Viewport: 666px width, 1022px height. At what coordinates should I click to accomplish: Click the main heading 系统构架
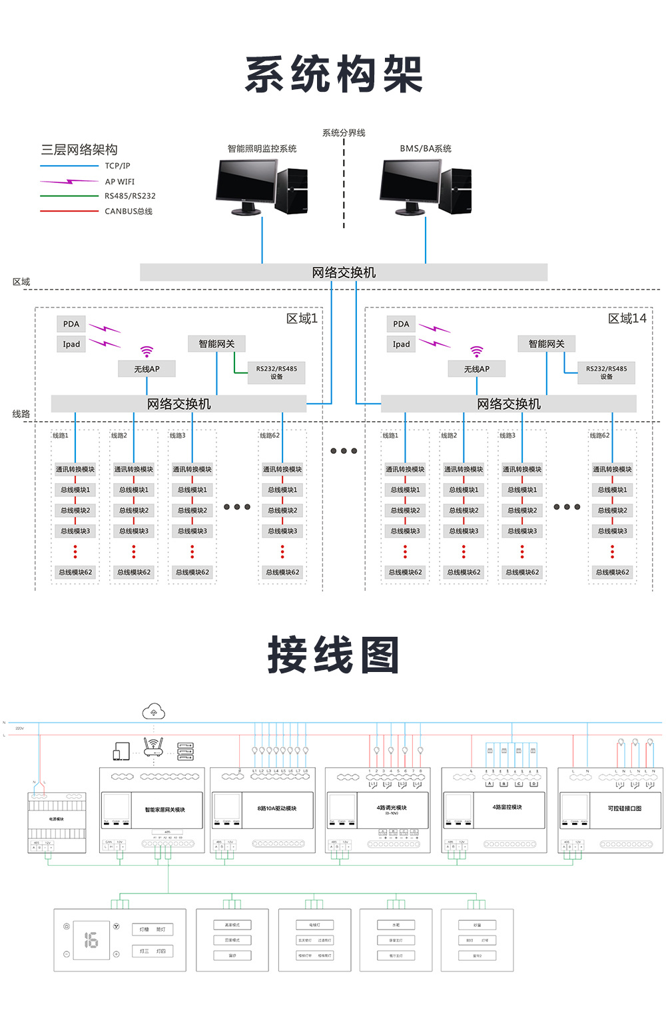click(334, 74)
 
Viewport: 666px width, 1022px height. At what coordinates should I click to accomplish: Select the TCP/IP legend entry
click(117, 166)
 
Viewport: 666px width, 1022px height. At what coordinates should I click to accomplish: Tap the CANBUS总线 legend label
click(129, 211)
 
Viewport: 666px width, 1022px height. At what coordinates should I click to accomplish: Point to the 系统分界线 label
click(344, 132)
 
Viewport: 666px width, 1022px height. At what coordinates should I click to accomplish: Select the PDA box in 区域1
click(71, 324)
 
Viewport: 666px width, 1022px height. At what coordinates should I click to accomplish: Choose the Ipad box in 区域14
click(401, 344)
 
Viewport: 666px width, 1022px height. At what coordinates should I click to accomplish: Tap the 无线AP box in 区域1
click(147, 369)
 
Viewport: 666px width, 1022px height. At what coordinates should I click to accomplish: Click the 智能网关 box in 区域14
click(546, 343)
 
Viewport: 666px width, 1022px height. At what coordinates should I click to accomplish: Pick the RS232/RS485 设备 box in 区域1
click(276, 373)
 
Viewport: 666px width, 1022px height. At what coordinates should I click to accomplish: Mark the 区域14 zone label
click(627, 319)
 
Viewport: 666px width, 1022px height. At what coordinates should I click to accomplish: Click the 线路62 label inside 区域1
click(270, 435)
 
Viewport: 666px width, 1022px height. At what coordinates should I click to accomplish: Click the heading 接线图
click(334, 655)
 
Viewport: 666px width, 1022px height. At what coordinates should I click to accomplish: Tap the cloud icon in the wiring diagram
click(154, 713)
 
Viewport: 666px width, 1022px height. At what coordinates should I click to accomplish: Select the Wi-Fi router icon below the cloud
click(153, 747)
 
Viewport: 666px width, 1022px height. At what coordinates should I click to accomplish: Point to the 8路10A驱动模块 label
click(276, 808)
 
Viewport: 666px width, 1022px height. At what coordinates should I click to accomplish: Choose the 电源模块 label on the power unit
click(57, 819)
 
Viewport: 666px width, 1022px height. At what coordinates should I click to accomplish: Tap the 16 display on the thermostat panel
click(91, 939)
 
